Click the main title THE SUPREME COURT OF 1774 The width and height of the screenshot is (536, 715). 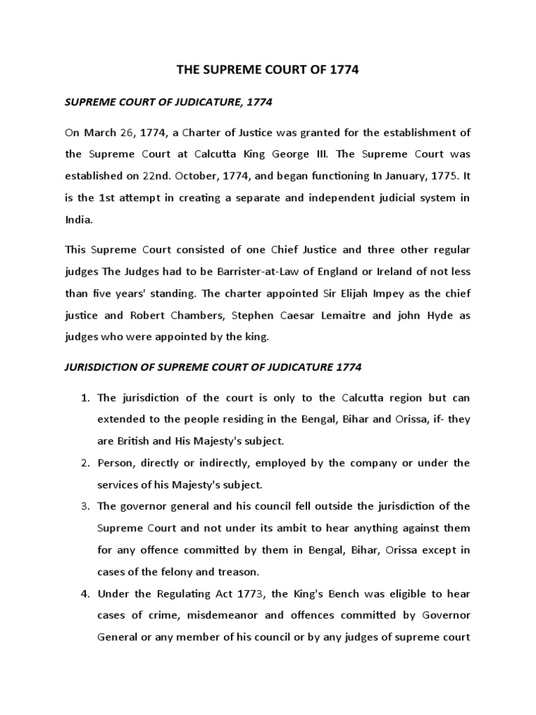click(x=267, y=72)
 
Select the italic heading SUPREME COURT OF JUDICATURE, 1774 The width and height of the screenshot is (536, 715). click(x=168, y=103)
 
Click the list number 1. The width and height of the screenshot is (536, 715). click(x=86, y=398)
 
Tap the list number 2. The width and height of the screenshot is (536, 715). click(x=86, y=463)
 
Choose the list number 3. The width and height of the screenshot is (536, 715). click(x=86, y=506)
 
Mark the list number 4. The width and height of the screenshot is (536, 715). click(x=86, y=594)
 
